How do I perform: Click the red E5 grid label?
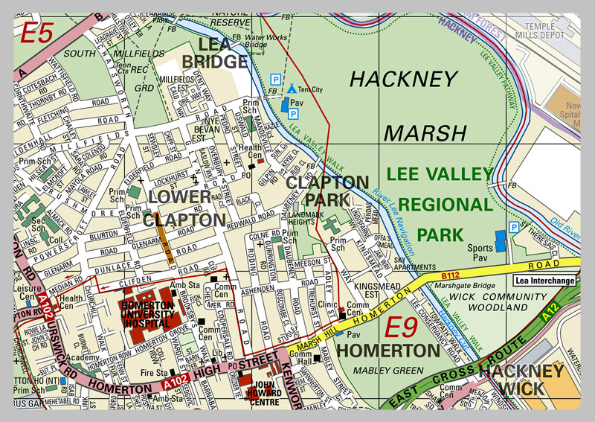(x=37, y=33)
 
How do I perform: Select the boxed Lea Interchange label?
(x=544, y=281)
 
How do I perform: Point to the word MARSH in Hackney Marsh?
(x=425, y=133)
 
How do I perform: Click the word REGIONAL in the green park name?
(x=446, y=205)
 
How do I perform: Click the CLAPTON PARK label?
(x=327, y=191)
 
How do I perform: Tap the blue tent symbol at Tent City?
(x=292, y=88)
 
